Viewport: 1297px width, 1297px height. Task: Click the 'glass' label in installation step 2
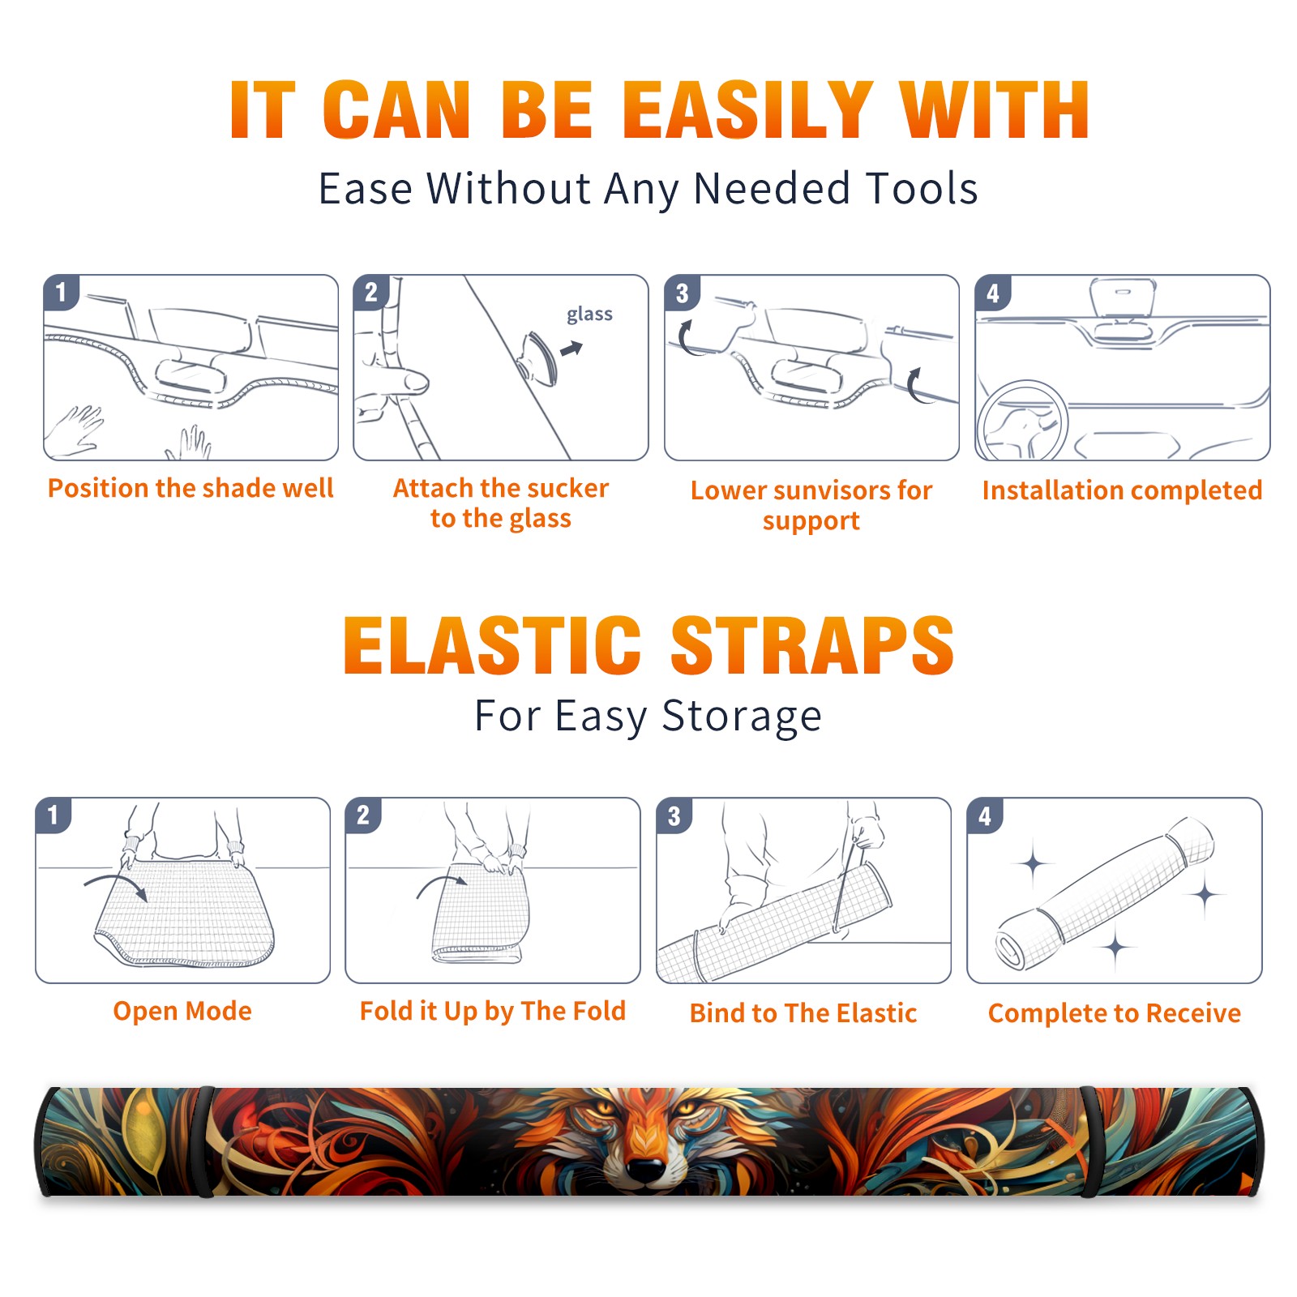pos(589,315)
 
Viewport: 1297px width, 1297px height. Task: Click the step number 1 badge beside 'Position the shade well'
pos(61,292)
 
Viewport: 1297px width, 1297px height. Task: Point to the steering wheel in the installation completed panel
pos(1023,421)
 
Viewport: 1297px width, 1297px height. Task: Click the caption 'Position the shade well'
pos(190,488)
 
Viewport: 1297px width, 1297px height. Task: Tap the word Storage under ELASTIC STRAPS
pos(742,717)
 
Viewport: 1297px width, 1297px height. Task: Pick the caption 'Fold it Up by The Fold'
pos(493,1011)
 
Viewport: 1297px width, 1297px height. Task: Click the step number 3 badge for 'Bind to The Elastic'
pos(674,815)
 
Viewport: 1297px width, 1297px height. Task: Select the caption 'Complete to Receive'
pos(1115,1013)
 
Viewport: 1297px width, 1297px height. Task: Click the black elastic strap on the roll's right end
pos(1089,1141)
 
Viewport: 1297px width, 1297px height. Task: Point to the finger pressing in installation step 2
pos(405,380)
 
